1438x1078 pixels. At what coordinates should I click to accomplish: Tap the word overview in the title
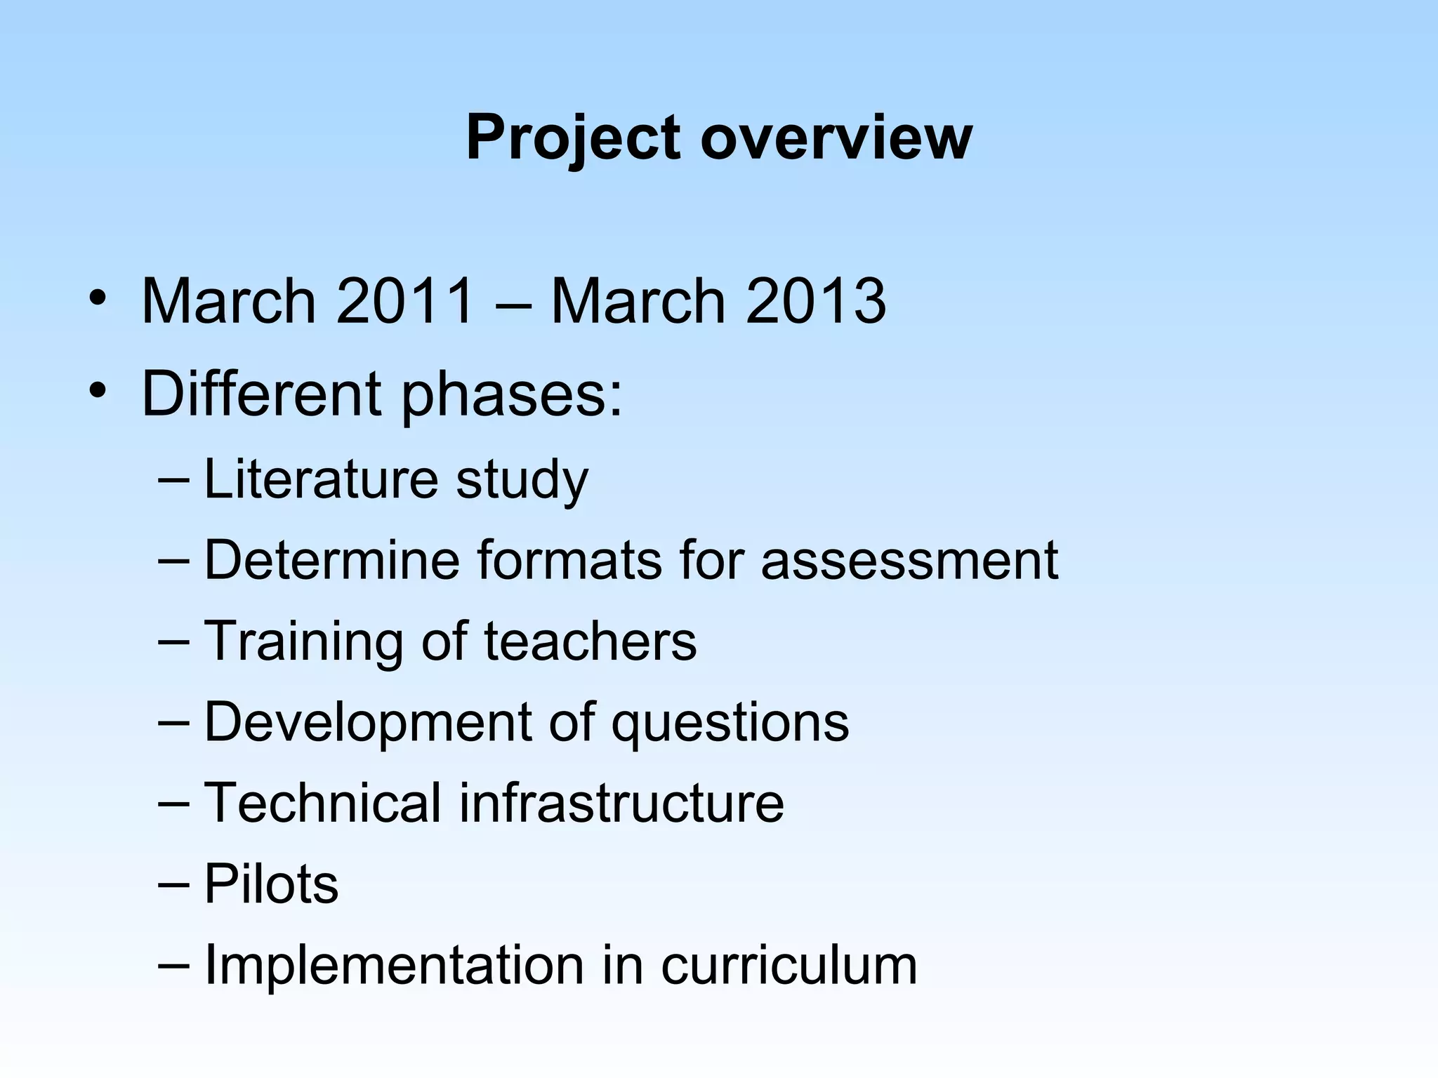click(836, 138)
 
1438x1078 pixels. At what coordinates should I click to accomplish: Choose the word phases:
click(511, 394)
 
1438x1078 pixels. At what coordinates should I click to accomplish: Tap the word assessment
click(909, 561)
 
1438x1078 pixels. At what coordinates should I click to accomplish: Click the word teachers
click(591, 641)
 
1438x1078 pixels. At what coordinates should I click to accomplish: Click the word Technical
click(322, 803)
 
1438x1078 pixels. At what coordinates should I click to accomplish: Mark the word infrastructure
click(621, 803)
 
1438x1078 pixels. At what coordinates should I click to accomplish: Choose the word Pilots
click(271, 884)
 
